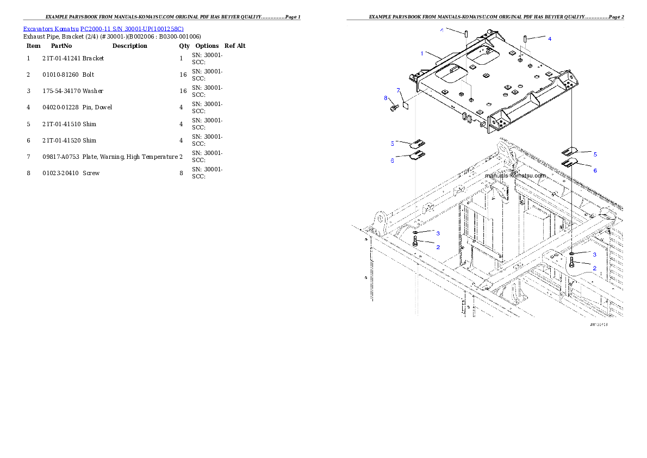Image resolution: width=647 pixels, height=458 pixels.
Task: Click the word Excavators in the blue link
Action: pos(36,29)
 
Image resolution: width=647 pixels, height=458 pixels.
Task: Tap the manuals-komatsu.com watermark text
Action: pos(515,176)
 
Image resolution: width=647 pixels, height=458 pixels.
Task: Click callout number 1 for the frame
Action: pos(422,53)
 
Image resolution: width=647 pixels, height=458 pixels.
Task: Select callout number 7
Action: pos(398,90)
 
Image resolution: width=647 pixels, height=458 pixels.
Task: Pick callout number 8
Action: pos(385,98)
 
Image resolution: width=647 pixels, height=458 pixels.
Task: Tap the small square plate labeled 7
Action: pos(405,104)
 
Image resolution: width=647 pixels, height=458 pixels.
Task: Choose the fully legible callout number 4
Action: pos(549,39)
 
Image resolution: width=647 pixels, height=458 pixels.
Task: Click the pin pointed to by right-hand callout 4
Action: pos(526,39)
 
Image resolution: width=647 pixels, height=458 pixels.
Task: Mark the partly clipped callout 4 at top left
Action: pos(442,31)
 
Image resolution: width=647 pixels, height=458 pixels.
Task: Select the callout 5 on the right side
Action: pos(595,154)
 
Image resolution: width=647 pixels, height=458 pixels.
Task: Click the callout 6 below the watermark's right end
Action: pos(595,170)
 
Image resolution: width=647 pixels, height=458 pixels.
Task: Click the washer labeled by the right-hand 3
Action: pos(573,254)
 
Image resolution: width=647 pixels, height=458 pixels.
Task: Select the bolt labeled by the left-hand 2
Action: pos(415,242)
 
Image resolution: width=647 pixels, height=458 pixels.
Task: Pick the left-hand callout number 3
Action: pos(438,233)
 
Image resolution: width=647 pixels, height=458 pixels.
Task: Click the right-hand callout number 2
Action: pos(594,268)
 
